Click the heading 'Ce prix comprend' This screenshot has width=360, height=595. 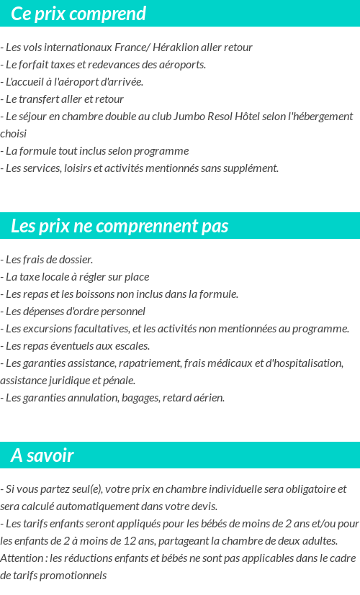pyautogui.click(x=78, y=14)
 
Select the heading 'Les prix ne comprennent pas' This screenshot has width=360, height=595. pyautogui.click(x=120, y=226)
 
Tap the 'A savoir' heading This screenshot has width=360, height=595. pyautogui.click(x=42, y=455)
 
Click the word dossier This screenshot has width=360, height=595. pyautogui.click(x=76, y=260)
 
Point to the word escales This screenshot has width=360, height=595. pyautogui.click(x=132, y=346)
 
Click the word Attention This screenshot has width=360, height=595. pyautogui.click(x=22, y=558)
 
